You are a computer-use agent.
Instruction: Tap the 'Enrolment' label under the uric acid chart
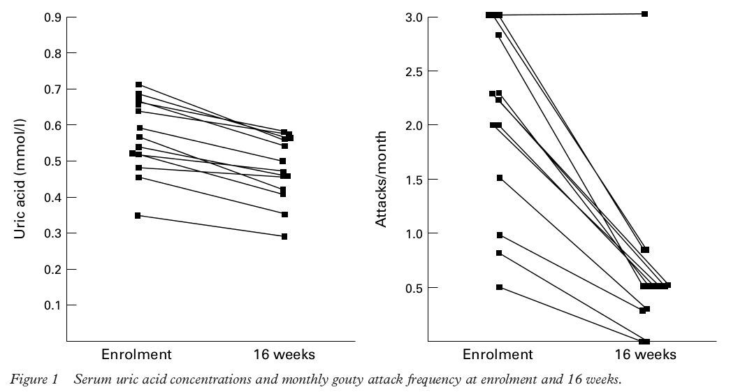[136, 354]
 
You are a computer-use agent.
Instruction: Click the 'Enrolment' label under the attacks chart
[498, 354]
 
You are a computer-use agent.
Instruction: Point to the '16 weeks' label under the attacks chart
[647, 354]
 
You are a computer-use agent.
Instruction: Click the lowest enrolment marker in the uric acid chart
[138, 216]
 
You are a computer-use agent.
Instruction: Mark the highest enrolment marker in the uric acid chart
[138, 85]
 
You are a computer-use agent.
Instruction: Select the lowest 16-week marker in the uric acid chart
[284, 237]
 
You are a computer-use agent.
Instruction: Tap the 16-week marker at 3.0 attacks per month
[645, 14]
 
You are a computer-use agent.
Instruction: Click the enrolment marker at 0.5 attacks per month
[499, 287]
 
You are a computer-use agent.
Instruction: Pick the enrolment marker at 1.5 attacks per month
[500, 178]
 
